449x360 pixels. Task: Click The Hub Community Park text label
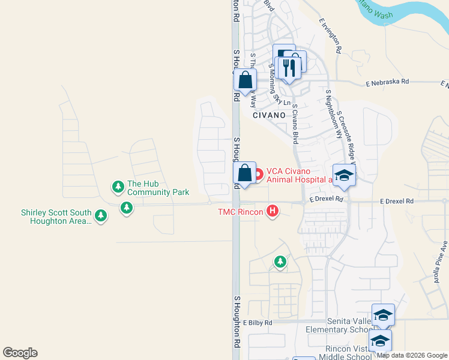click(158, 188)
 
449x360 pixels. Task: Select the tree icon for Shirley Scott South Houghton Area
click(101, 215)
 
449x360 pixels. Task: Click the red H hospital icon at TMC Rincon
click(273, 211)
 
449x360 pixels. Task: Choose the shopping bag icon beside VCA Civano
click(244, 173)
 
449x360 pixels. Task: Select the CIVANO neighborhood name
click(267, 115)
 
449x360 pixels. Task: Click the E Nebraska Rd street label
click(387, 82)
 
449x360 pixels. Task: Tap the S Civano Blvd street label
click(295, 122)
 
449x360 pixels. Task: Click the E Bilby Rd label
click(258, 323)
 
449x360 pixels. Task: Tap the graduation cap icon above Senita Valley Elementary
click(383, 315)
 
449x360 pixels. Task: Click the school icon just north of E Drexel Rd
click(344, 175)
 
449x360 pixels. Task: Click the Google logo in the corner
click(20, 353)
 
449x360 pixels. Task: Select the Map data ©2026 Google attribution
click(412, 355)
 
